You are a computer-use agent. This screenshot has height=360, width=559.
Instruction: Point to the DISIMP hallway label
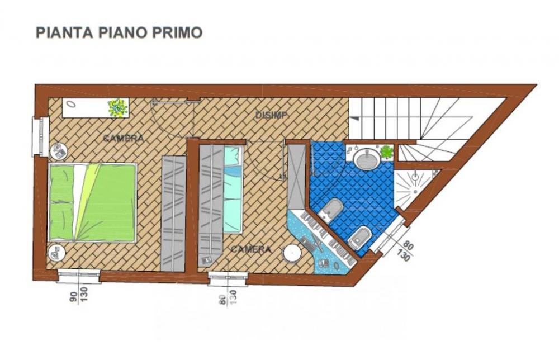tap(271, 115)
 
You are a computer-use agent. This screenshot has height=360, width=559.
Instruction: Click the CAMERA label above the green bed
tap(123, 138)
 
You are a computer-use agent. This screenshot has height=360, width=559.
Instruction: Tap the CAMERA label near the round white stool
tap(251, 249)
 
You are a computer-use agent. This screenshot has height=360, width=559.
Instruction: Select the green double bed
tap(93, 202)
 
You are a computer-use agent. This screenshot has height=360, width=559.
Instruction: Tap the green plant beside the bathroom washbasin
tap(386, 151)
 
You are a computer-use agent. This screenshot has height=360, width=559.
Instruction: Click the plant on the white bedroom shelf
tap(117, 107)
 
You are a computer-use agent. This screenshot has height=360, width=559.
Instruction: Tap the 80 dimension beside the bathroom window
tap(409, 245)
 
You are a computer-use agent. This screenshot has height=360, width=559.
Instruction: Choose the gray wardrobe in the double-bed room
tap(173, 212)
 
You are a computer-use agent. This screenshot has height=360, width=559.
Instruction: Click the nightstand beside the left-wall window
tap(59, 151)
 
